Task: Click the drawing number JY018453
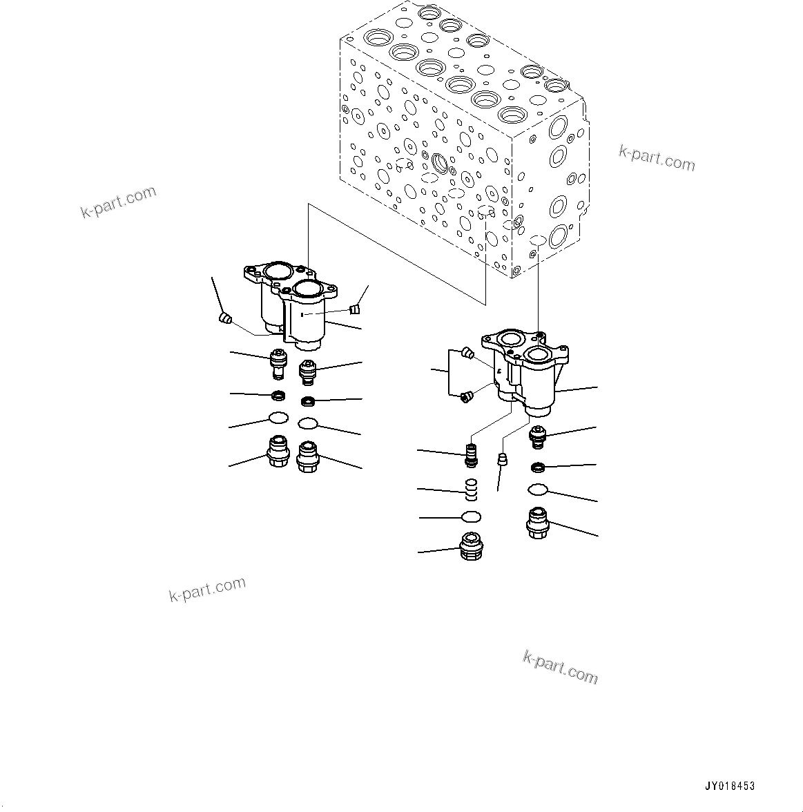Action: tap(730, 786)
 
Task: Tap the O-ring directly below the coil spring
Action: tap(471, 516)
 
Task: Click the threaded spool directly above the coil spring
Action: tap(472, 456)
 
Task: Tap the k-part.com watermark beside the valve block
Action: tap(657, 159)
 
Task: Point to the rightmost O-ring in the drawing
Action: tap(537, 490)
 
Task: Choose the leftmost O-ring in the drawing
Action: tap(278, 418)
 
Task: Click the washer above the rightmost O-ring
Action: tap(537, 469)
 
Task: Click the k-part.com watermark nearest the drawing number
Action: tap(561, 667)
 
